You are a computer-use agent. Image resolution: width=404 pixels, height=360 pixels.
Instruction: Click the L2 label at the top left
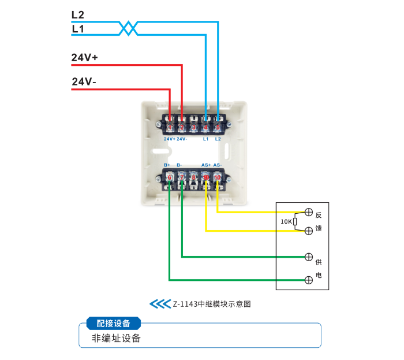[x=78, y=14]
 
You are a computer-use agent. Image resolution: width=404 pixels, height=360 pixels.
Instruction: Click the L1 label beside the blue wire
[x=78, y=28]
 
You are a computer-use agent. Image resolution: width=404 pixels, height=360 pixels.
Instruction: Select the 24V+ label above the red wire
[x=84, y=58]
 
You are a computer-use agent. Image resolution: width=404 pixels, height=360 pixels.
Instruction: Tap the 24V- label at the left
[x=84, y=82]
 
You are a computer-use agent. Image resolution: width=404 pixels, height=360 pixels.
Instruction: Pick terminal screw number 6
[x=170, y=177]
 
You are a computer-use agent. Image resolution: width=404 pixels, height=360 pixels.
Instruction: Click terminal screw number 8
[x=194, y=177]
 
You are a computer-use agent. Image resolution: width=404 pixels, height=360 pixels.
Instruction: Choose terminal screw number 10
[x=218, y=177]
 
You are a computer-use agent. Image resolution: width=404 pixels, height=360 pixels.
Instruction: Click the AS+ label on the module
[x=206, y=165]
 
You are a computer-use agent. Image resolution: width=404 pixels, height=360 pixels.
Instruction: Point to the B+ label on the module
[x=167, y=165]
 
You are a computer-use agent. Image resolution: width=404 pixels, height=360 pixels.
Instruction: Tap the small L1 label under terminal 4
[x=206, y=139]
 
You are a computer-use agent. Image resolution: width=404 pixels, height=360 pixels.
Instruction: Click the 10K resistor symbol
[x=295, y=221]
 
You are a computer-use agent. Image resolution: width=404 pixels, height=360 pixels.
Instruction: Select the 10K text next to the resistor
[x=286, y=221]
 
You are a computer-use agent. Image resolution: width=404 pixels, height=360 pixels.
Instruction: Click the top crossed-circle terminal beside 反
[x=309, y=212]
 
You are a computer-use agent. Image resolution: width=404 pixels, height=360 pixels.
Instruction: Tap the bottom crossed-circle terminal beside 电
[x=309, y=280]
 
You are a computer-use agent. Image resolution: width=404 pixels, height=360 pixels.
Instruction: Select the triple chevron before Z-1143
[x=157, y=303]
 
